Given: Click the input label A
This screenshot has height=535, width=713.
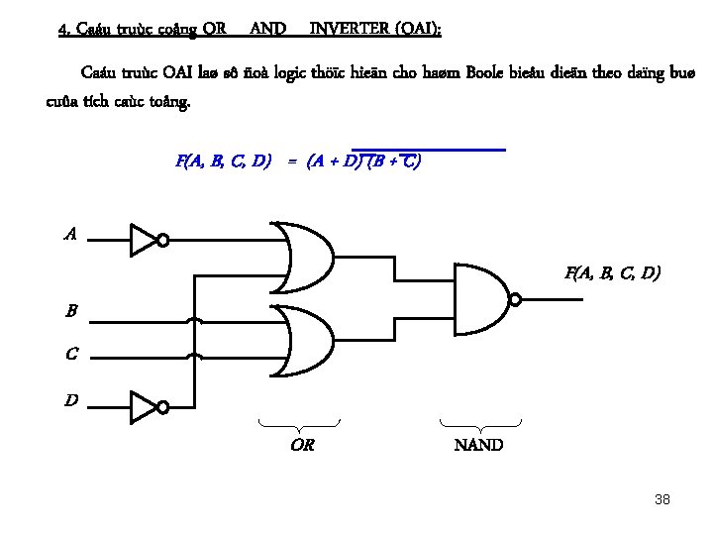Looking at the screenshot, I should click(69, 235).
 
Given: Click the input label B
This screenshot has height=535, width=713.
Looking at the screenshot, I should click(71, 312).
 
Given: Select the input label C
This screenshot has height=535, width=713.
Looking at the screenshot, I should click(71, 354).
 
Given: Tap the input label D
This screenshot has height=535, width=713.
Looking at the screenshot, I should click(71, 400).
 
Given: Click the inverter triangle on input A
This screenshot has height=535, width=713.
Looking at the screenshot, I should click(143, 239).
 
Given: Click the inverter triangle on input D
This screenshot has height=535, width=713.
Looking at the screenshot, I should click(143, 406).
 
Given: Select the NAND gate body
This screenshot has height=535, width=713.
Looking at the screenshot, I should click(479, 298).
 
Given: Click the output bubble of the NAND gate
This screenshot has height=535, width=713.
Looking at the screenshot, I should click(515, 299).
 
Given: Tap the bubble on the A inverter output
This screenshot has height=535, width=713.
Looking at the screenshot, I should click(163, 240).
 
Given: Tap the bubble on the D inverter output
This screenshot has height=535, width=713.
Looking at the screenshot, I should click(163, 407).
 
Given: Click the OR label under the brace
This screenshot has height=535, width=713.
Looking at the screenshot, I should click(302, 445).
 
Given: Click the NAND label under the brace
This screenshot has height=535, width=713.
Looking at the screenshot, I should click(478, 445).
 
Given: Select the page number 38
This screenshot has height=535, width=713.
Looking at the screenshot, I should click(662, 499).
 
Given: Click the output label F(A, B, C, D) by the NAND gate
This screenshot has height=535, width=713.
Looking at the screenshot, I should click(613, 271).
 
